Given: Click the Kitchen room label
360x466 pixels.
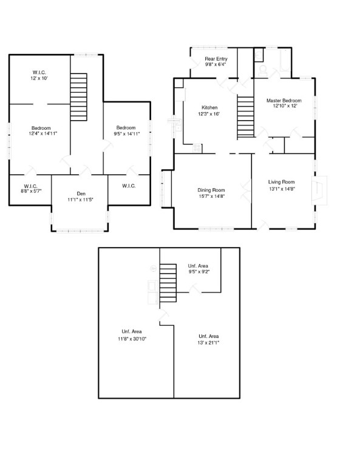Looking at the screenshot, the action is [209, 107].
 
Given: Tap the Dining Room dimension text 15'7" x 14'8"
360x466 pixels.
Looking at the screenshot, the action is [211, 196].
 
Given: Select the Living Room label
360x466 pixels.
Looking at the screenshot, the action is [281, 182].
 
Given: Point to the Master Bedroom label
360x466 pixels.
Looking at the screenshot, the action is [284, 101].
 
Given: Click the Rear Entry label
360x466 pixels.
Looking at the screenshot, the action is [216, 59].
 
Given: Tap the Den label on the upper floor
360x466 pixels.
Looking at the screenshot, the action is [81, 194].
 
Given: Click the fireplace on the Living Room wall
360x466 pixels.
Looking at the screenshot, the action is [319, 191].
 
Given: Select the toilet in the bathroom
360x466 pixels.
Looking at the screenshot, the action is [263, 71].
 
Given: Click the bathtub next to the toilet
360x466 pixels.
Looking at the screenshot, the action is [285, 60].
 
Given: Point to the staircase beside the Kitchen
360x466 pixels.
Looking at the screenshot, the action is [245, 116].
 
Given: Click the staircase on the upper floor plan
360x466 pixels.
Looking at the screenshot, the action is [79, 97].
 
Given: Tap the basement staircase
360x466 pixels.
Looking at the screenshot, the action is [168, 283].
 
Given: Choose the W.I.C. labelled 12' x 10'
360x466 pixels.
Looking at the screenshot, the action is [39, 75].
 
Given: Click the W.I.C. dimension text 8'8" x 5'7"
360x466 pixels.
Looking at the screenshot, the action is [31, 191].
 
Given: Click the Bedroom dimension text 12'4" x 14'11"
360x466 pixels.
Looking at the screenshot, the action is [43, 133].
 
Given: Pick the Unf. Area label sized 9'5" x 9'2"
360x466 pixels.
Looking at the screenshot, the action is [199, 269].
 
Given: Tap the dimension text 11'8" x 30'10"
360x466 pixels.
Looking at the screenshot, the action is [132, 339].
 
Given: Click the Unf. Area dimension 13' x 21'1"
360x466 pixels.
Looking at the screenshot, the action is [208, 343].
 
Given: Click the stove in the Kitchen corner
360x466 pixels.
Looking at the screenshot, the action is [197, 148].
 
